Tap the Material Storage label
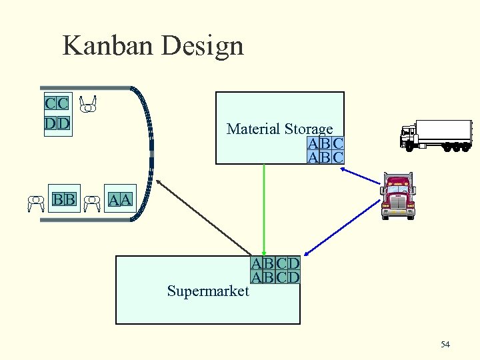coord(279,129)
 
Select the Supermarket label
coord(207,291)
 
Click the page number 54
coord(445,344)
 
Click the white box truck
coord(433,135)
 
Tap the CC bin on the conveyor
coord(57,103)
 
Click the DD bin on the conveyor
coord(57,123)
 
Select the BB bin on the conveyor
coord(64,199)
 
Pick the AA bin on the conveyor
coord(121,199)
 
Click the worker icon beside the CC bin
coord(87,104)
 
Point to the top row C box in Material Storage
coord(338,143)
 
